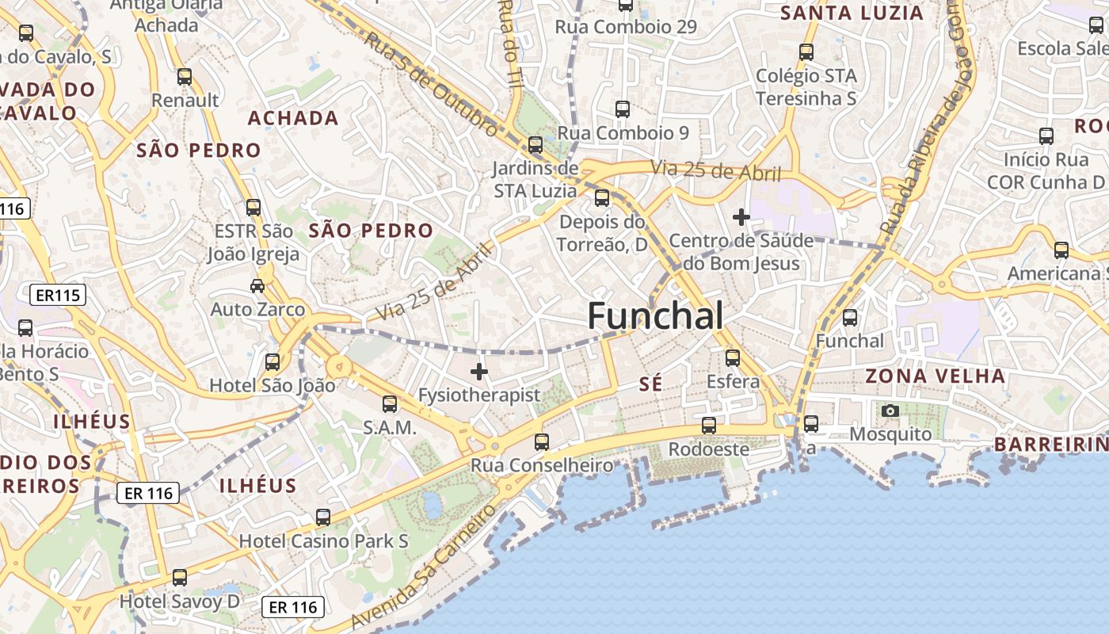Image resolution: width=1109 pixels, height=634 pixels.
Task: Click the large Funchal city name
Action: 655,316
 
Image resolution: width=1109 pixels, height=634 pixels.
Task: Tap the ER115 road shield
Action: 58,296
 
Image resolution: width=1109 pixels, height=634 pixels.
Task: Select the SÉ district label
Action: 650,384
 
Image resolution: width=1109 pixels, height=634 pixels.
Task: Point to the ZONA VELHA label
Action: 935,376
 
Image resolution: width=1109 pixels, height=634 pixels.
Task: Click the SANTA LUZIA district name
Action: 852,13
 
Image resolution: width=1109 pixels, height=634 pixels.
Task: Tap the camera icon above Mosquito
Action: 890,411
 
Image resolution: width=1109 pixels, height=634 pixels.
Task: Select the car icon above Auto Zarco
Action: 257,285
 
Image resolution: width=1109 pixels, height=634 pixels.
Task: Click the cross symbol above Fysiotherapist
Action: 478,371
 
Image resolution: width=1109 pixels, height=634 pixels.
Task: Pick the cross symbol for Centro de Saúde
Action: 741,216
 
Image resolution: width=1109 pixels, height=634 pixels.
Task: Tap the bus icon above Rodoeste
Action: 709,426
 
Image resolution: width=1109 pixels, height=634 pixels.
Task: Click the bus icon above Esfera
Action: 733,358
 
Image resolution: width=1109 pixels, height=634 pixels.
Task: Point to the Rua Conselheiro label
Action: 542,465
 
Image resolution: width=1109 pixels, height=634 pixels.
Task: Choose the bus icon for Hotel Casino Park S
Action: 323,518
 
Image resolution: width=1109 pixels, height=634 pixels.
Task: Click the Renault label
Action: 185,101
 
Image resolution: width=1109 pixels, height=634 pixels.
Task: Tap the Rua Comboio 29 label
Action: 626,27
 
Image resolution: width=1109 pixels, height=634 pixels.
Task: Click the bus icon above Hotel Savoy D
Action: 180,578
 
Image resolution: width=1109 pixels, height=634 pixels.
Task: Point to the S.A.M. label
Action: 390,428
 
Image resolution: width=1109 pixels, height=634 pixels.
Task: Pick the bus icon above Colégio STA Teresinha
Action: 806,52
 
